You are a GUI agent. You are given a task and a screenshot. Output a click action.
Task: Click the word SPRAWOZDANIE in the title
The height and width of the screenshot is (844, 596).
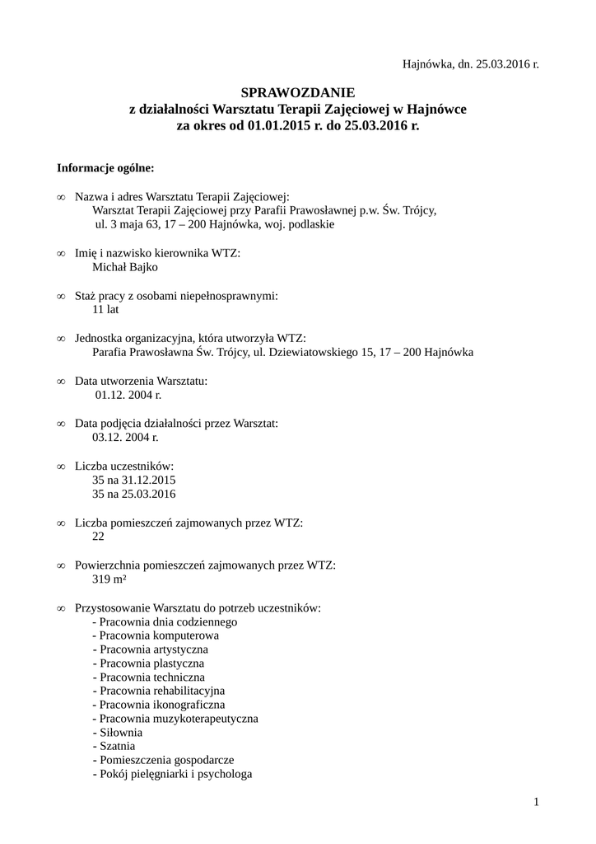[x=297, y=93]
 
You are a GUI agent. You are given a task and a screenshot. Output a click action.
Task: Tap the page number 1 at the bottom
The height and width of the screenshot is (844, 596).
[x=535, y=802]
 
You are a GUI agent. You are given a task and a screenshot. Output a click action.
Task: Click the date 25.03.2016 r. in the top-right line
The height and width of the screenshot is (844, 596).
[x=505, y=63]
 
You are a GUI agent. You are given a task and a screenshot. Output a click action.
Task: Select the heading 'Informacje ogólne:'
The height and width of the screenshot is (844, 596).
[x=105, y=168]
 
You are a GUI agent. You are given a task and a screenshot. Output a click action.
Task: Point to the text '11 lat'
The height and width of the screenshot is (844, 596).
[x=106, y=310]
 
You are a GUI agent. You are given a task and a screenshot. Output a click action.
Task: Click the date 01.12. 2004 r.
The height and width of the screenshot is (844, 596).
[x=128, y=395]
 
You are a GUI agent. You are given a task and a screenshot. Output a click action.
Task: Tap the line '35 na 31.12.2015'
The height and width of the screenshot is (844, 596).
[x=135, y=481]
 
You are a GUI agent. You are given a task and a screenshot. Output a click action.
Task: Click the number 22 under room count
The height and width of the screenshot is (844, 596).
[x=99, y=537]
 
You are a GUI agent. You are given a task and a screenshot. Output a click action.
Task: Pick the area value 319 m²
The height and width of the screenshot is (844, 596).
[x=109, y=579]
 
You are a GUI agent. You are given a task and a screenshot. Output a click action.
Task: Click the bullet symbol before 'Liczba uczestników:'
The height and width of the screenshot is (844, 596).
[x=61, y=467]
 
